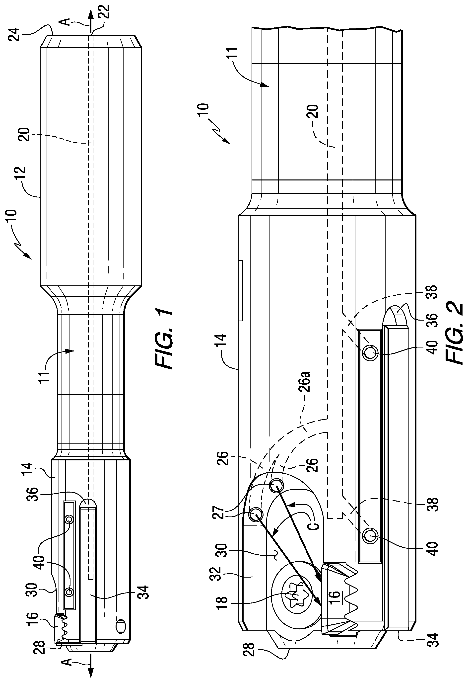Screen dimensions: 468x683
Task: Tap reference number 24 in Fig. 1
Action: [x=15, y=34]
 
